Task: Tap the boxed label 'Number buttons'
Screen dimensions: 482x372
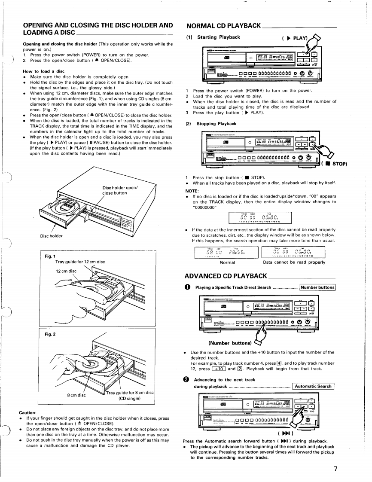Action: [317, 287]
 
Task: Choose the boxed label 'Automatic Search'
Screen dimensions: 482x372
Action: [314, 386]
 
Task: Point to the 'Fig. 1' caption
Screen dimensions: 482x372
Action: [46, 256]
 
